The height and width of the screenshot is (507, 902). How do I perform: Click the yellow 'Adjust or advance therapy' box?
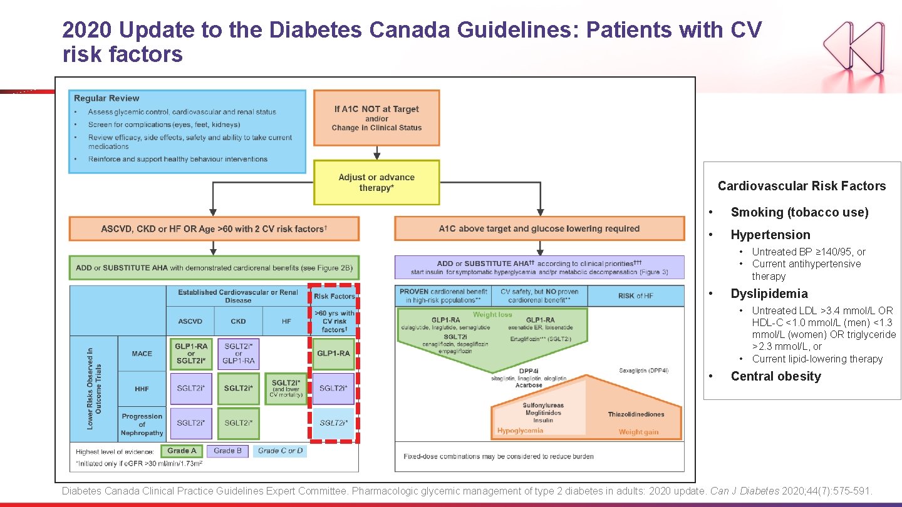coord(376,182)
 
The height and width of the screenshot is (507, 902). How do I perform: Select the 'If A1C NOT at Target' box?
coord(376,118)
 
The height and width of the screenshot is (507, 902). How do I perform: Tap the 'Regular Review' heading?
coord(106,98)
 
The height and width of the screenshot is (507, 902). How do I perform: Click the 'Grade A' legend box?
coord(182,451)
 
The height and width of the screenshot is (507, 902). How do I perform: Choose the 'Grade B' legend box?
coord(227,451)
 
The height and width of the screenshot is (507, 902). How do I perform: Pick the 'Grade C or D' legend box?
coord(280,451)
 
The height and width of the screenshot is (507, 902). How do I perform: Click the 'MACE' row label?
coord(142,354)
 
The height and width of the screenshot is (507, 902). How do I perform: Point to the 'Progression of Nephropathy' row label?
coord(142,424)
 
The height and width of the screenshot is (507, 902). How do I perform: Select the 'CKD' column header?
coord(238,321)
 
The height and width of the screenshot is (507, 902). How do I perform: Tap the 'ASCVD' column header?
coord(190,321)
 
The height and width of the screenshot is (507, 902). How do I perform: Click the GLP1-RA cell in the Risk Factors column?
coord(333,354)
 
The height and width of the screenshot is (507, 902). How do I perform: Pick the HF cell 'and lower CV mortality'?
coord(286,389)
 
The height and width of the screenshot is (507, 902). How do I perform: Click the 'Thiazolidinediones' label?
coord(636,414)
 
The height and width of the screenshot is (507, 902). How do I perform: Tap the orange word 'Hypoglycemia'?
coord(520,431)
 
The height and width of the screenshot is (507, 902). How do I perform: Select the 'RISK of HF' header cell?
coord(636,296)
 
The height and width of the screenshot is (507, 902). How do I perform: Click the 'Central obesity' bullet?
coord(775,376)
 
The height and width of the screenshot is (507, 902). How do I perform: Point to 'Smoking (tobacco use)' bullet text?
coord(799,212)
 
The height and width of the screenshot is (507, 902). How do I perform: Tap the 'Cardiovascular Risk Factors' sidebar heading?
coord(802,186)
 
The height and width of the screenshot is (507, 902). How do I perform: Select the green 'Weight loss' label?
coord(492,315)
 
